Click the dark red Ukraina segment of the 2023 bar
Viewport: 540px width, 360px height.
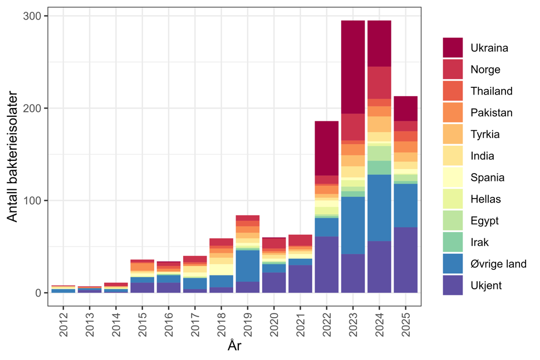[x=353, y=67]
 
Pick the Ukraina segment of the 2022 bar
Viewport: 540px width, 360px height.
[x=327, y=148]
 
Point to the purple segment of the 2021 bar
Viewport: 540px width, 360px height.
[x=300, y=279]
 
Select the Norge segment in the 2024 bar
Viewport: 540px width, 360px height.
[x=380, y=82]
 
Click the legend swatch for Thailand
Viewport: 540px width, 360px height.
[x=454, y=91]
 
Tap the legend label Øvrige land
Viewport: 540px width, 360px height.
[x=498, y=264]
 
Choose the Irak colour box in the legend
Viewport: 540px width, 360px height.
[x=454, y=242]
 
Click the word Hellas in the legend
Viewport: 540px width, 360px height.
[x=485, y=199]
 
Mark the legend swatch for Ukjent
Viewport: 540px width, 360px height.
[x=454, y=285]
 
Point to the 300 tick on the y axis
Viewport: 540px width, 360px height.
[x=34, y=17]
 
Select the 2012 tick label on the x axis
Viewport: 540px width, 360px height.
[x=64, y=323]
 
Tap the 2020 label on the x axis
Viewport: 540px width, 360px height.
[x=274, y=323]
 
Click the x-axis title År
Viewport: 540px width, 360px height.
[x=234, y=346]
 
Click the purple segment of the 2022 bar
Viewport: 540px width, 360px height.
[x=327, y=264]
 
